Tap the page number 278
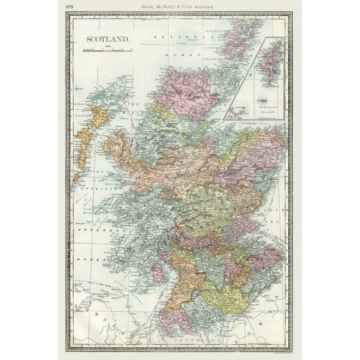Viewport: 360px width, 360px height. (x=69, y=6)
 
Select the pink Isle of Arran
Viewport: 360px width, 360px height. (x=157, y=272)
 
